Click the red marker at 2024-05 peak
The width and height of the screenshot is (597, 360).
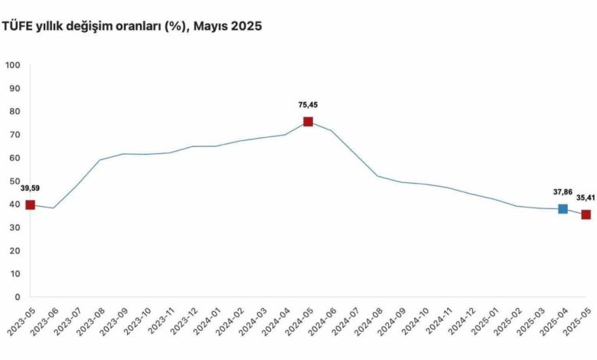(x=308, y=122)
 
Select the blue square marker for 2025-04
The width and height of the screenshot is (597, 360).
(x=563, y=209)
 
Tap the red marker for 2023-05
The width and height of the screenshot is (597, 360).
(x=31, y=205)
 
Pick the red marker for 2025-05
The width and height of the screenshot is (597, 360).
(x=586, y=214)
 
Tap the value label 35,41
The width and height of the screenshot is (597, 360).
(x=585, y=198)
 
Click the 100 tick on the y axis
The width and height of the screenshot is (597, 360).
(x=12, y=65)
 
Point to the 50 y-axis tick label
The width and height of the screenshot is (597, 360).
(x=15, y=181)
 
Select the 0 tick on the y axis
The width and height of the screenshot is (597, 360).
(x=17, y=297)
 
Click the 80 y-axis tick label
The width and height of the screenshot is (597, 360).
(x=15, y=112)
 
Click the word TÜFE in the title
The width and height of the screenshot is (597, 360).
(x=18, y=26)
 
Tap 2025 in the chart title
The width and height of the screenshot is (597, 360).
(x=247, y=26)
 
